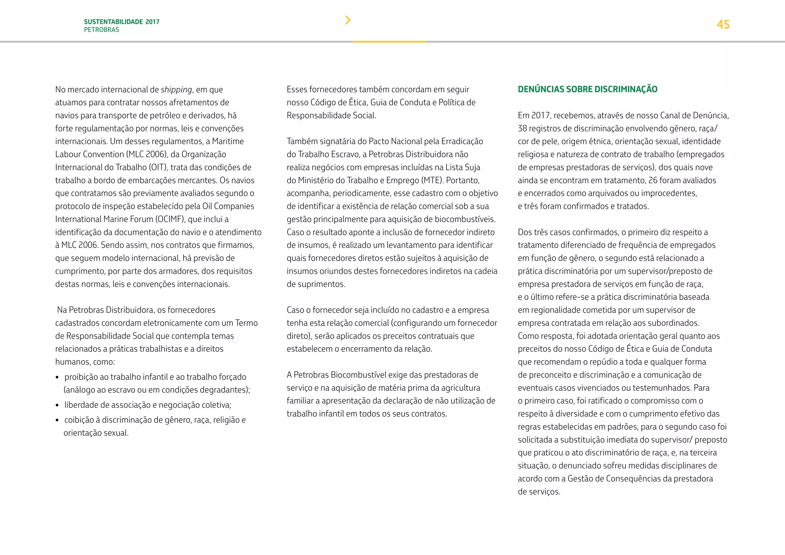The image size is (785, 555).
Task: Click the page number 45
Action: tap(723, 25)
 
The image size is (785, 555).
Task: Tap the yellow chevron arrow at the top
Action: tap(348, 20)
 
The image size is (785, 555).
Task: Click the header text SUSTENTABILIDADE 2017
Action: tap(122, 22)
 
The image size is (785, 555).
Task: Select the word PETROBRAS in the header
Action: tap(102, 30)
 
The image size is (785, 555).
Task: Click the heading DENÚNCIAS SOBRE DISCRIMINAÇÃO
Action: tap(587, 89)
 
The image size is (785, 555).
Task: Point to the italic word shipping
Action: tap(176, 90)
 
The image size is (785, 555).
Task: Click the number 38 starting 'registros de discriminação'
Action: tap(523, 128)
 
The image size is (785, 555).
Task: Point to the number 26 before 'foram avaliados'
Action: tap(653, 180)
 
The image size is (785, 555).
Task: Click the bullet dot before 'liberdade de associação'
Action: tap(57, 405)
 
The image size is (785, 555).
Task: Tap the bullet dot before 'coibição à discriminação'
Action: tap(57, 420)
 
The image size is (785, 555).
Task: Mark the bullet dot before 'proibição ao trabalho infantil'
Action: tap(57, 377)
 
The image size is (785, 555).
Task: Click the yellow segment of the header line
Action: tap(389, 41)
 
